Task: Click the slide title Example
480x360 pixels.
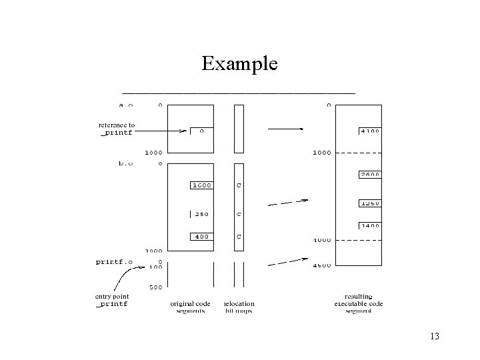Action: pos(239,64)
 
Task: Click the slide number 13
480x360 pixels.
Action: pos(434,336)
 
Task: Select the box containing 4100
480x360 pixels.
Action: pos(369,131)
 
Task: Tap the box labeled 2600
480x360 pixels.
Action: pos(369,175)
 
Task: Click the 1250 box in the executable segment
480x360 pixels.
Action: pos(369,203)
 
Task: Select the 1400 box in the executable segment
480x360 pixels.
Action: pos(369,226)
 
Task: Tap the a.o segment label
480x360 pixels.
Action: pos(125,105)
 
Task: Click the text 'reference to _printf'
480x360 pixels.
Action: pos(117,129)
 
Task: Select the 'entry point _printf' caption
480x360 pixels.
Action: pos(112,299)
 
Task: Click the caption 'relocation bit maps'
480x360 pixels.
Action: pos(239,307)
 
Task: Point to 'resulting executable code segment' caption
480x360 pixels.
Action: pos(359,303)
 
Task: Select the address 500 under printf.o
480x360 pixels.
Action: pos(155,287)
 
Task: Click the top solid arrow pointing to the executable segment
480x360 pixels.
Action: pos(285,128)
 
